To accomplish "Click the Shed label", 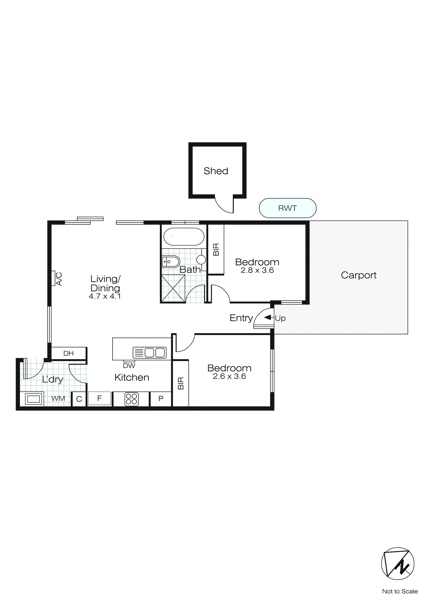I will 216,171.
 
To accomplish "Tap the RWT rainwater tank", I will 287,208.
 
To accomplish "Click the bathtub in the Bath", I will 184,236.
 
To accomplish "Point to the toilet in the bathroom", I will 170,262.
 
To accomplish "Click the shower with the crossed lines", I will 173,288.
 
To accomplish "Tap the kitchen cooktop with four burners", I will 131,399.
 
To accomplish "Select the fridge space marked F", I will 99,398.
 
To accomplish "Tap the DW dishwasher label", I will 129,365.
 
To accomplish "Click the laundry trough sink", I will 33,399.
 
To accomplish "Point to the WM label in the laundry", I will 58,398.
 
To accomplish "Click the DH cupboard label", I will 68,353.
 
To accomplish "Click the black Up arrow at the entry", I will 268,318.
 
